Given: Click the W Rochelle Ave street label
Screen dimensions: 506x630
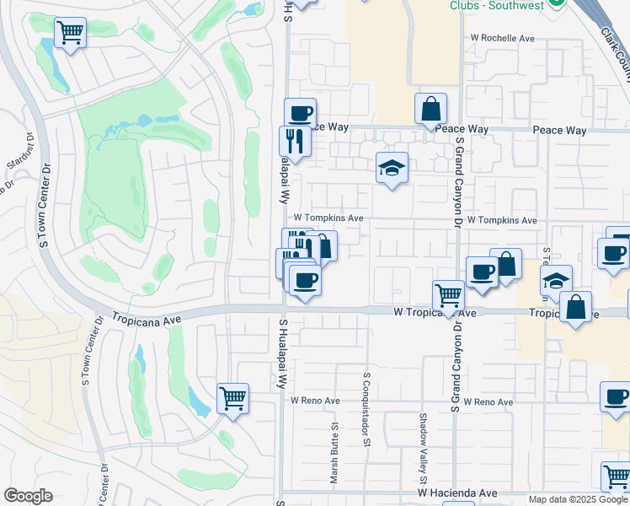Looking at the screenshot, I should click(503, 39).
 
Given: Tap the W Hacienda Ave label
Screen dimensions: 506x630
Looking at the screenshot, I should click(454, 492).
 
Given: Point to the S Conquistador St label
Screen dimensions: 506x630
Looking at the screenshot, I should click(367, 400).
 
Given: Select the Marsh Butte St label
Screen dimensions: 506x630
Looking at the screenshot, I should click(334, 455).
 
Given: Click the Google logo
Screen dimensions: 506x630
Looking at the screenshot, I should click(28, 496).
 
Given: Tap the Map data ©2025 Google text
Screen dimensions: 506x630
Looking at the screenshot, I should click(578, 499).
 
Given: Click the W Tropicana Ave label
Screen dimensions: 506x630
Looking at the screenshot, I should click(435, 312).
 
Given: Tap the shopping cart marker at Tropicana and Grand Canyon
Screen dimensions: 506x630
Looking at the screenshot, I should click(448, 296).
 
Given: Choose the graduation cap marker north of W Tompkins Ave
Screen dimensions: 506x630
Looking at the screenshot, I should click(392, 168).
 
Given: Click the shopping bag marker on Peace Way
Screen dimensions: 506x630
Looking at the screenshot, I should click(430, 109).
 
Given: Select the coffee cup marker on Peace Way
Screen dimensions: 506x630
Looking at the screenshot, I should click(300, 114).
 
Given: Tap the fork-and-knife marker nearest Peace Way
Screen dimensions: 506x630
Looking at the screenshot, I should click(295, 141).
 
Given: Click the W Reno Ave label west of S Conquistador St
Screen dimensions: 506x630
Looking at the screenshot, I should click(315, 401).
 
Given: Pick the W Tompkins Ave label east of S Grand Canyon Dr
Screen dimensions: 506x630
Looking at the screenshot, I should click(502, 220).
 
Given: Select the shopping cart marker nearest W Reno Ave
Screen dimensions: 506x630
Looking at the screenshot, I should click(232, 398).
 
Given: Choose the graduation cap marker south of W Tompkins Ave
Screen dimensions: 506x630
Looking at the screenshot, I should click(556, 281).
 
